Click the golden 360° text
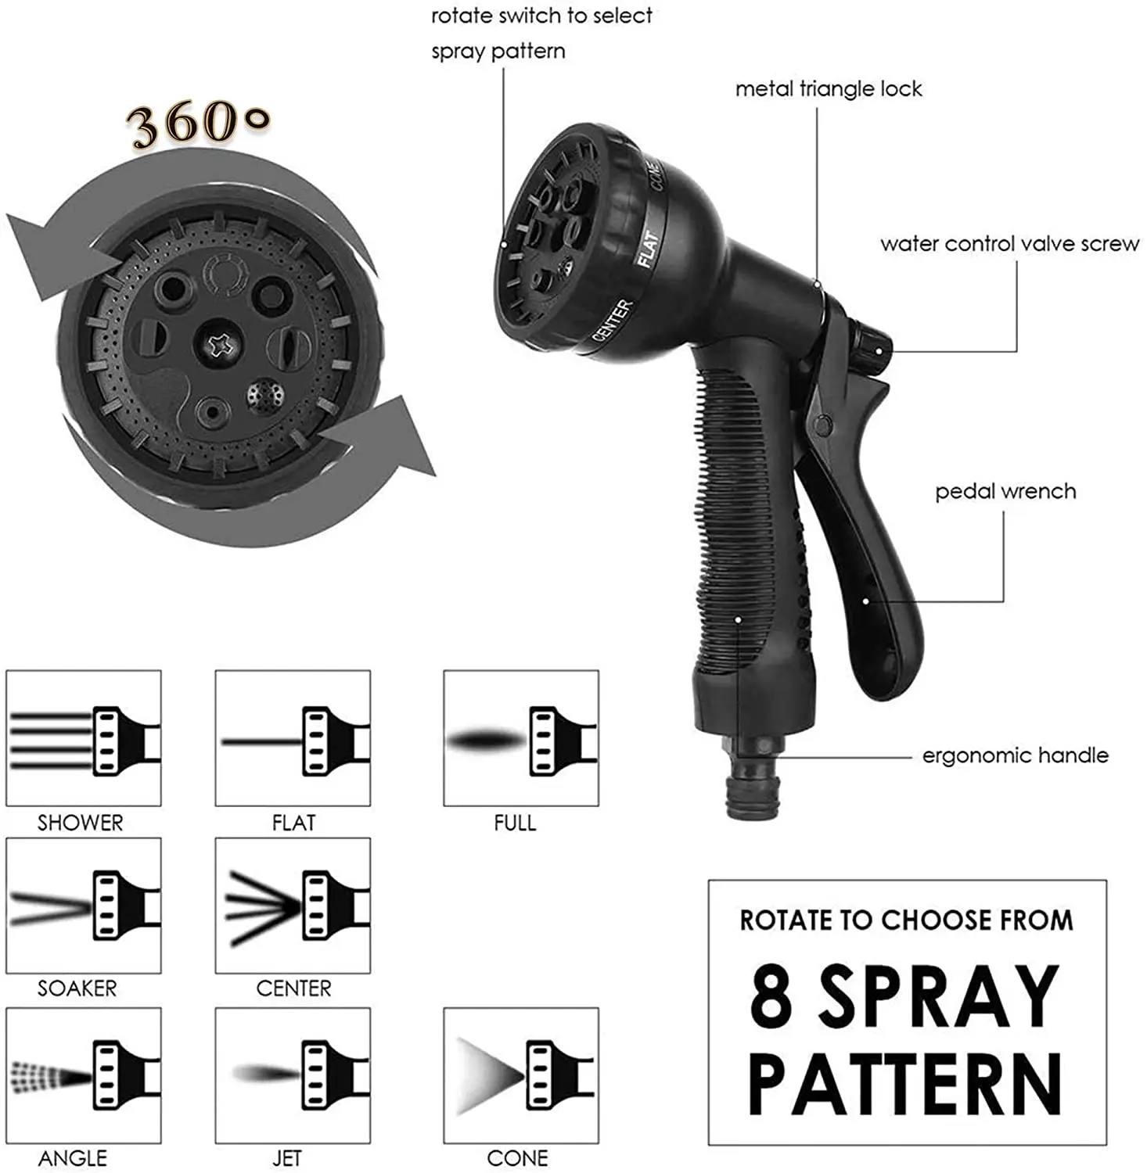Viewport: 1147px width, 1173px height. [200, 123]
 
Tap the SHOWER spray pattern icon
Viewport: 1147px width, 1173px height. [84, 738]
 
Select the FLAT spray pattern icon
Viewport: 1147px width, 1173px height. [293, 738]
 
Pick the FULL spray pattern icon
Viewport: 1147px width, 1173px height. [521, 738]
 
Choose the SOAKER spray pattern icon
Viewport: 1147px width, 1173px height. [84, 906]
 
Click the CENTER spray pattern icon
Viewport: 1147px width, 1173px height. [293, 906]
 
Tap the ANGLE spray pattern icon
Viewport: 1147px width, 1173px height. [84, 1076]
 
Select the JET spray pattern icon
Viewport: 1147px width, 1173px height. [293, 1076]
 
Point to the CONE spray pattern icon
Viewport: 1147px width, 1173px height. [521, 1076]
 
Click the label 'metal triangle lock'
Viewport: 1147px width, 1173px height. [829, 89]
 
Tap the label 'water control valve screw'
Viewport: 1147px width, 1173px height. [1009, 244]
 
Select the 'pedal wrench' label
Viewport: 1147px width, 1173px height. [1005, 492]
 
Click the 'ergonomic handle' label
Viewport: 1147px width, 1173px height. [1016, 755]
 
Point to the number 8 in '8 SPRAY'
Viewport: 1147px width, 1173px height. [771, 996]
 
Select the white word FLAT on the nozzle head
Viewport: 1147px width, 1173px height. [647, 247]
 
